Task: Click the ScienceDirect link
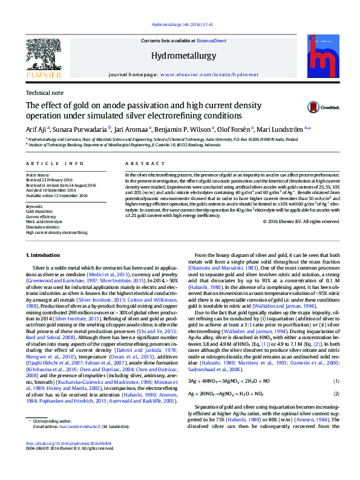coord(211,41)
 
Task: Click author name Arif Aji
coord(38,128)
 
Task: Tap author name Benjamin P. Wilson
coord(182,128)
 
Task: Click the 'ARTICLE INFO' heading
coord(54,164)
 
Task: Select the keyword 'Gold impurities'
coord(39,211)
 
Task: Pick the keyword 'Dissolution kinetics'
coord(42,225)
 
